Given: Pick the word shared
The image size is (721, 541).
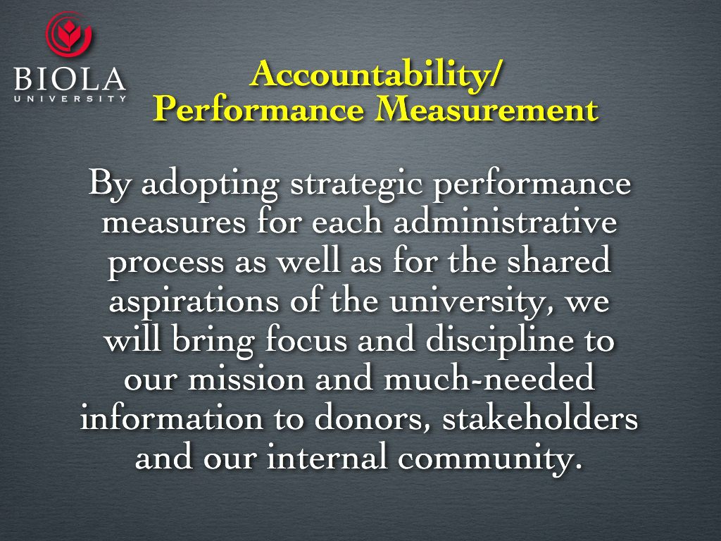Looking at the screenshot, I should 564,263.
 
